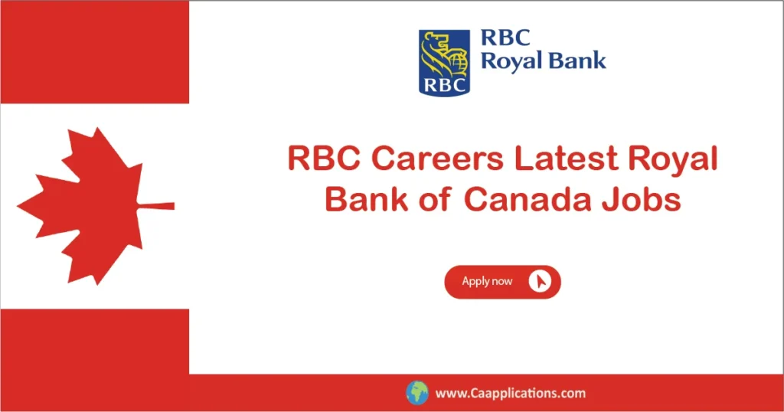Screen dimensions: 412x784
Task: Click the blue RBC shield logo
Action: pyautogui.click(x=444, y=62)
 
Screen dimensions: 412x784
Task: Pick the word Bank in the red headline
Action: pyautogui.click(x=364, y=199)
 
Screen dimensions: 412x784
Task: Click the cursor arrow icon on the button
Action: pyautogui.click(x=541, y=282)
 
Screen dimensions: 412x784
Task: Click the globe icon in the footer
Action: pyautogui.click(x=417, y=393)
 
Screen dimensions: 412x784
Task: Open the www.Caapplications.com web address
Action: pyautogui.click(x=511, y=394)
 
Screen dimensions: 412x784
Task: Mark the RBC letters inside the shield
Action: pyautogui.click(x=444, y=83)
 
